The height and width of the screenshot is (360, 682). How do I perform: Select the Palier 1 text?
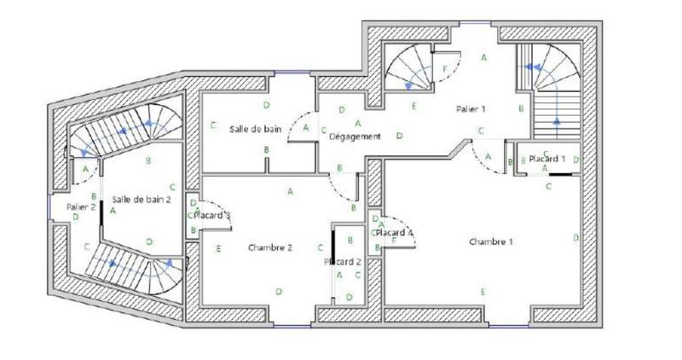point(471,109)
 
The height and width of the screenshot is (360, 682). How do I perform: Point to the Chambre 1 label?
point(491,241)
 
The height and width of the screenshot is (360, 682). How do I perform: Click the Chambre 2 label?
point(271,247)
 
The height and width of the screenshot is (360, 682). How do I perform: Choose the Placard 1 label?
point(546,159)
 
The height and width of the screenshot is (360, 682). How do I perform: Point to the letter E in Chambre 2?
point(219,248)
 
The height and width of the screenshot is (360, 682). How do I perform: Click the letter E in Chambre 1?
point(483,293)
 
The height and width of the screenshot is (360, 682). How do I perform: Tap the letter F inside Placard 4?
point(393,241)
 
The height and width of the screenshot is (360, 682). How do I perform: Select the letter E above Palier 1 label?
point(413,106)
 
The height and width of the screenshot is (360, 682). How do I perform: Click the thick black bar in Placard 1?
point(560,174)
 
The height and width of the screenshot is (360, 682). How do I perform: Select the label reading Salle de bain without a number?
point(255,129)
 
